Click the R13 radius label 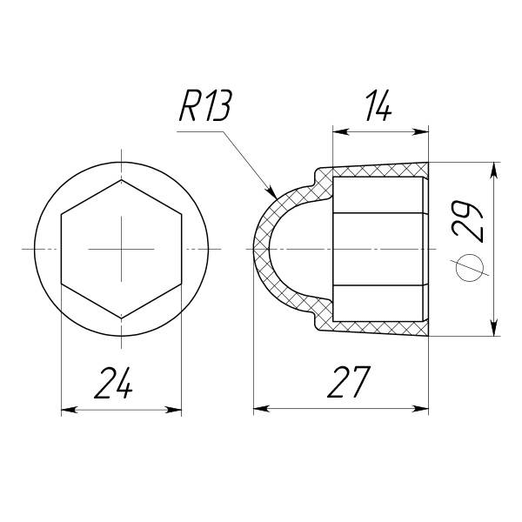click(x=204, y=105)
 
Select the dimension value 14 click(x=378, y=105)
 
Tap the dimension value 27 click(x=349, y=382)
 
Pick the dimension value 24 click(x=113, y=383)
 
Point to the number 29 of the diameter click(x=467, y=221)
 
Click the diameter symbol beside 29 click(x=470, y=268)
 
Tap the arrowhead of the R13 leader click(x=271, y=192)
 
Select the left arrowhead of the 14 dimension click(x=340, y=132)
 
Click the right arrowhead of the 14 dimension click(x=420, y=132)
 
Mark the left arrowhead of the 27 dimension click(x=261, y=409)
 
